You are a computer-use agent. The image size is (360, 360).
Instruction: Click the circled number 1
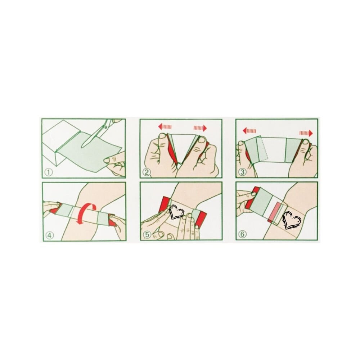coord(49,172)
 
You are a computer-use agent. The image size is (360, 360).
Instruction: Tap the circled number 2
coord(147,172)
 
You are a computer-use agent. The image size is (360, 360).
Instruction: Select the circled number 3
coord(242,172)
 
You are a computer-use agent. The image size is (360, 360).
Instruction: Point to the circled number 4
coord(50,235)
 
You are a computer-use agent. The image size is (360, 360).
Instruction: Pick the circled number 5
coord(147,235)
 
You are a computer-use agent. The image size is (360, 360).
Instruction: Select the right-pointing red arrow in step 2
coord(200,128)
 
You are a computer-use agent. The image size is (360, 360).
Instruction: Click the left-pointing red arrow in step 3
coord(249,131)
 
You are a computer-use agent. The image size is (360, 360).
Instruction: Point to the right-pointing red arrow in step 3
coord(306,133)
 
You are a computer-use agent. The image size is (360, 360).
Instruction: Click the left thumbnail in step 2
coord(163,136)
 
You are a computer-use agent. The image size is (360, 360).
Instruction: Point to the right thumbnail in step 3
coord(305,142)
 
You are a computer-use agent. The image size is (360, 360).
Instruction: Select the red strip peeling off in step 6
coord(276,213)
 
